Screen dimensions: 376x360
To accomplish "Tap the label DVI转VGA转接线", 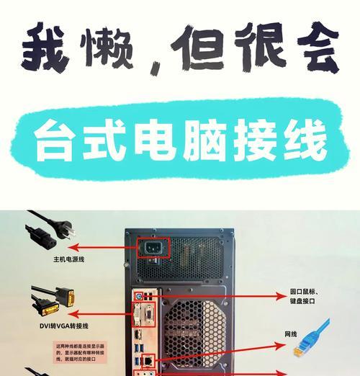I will pos(64,325).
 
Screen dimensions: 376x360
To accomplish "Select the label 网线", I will pos(291,334).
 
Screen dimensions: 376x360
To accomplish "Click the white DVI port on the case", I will pos(145,316).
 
